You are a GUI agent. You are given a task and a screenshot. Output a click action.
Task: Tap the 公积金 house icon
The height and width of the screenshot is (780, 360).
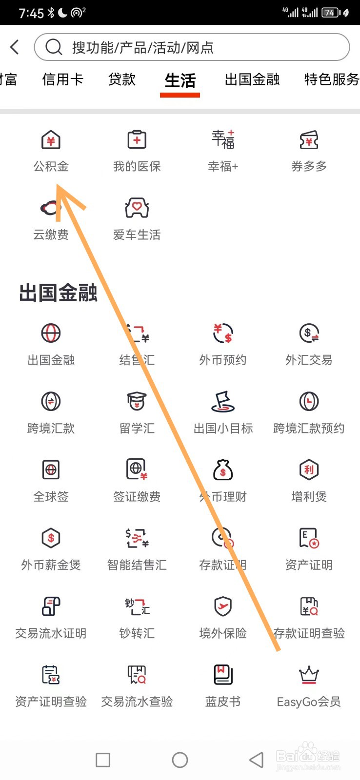coord(51,140)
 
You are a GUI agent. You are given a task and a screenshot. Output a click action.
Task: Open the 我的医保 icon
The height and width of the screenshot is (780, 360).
coord(137,140)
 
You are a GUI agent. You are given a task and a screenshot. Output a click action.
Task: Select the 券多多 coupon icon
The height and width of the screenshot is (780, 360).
coord(309,140)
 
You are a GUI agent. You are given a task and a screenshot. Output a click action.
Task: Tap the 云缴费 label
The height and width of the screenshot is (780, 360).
coord(51,235)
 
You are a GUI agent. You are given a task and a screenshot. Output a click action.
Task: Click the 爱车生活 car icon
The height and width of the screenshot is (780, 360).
coord(137,208)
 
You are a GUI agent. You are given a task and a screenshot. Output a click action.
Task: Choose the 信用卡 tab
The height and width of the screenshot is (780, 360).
coord(62,79)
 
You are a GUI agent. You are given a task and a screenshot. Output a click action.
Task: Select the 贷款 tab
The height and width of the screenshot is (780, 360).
coord(122,79)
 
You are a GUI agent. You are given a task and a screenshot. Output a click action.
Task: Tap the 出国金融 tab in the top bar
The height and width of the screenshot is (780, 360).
coord(252,79)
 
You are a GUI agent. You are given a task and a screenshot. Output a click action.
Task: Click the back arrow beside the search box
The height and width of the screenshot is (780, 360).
coord(15,47)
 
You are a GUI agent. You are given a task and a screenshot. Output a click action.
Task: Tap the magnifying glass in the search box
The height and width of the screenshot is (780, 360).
coord(54,47)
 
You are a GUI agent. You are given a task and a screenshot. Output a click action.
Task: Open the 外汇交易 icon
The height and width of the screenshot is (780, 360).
coord(309,333)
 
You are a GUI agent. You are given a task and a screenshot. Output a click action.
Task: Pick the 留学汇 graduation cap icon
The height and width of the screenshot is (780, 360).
coord(137,401)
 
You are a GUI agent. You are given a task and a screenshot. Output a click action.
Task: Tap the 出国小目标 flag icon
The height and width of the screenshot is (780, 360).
coord(223,401)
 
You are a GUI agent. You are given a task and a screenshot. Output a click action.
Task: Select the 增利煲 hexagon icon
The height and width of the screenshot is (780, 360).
coord(309,469)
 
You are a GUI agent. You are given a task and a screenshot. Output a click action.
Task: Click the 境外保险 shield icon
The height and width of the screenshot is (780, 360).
coord(223,606)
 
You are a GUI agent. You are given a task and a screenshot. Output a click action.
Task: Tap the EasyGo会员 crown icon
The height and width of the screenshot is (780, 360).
coord(309,675)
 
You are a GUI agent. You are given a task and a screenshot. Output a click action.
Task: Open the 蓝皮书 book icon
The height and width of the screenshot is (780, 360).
coord(223,675)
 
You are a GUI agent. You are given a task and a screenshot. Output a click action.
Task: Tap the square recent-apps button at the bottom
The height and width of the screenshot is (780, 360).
coord(103,760)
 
